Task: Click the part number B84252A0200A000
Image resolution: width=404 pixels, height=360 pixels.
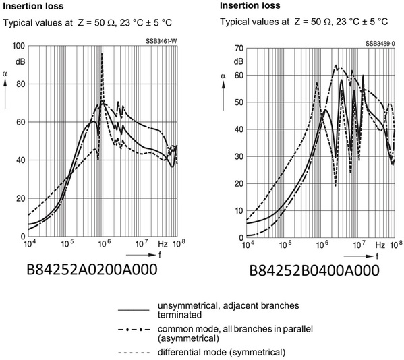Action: pyautogui.click(x=92, y=270)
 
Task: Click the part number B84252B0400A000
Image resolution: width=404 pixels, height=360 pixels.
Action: pyautogui.click(x=314, y=270)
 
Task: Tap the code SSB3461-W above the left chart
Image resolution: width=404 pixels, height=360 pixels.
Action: pyautogui.click(x=162, y=41)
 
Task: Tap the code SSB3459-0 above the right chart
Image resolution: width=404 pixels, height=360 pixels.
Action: pyautogui.click(x=380, y=44)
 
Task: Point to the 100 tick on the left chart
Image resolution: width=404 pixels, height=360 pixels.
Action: pyautogui.click(x=19, y=46)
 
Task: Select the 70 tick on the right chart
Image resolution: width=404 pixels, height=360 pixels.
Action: pyautogui.click(x=239, y=48)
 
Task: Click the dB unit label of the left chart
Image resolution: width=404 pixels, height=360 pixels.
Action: pyautogui.click(x=20, y=62)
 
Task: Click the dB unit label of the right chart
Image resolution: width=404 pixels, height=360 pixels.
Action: pyautogui.click(x=239, y=62)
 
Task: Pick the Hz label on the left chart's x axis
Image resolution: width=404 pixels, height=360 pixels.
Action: pyautogui.click(x=163, y=244)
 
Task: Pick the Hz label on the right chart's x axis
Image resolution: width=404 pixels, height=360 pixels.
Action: pyautogui.click(x=380, y=245)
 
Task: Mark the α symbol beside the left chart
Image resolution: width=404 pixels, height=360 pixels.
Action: pyautogui.click(x=5, y=74)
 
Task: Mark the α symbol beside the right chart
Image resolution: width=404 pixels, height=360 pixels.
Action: pyautogui.click(x=223, y=76)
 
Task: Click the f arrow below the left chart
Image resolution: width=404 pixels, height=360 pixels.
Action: pyautogui.click(x=141, y=256)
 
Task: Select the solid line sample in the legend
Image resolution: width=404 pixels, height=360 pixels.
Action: pyautogui.click(x=134, y=310)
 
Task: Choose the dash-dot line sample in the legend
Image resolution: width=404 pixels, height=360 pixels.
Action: pyautogui.click(x=134, y=330)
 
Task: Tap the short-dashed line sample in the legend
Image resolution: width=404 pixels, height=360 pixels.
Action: pyautogui.click(x=134, y=353)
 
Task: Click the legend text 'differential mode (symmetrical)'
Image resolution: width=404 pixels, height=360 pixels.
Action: pyautogui.click(x=222, y=352)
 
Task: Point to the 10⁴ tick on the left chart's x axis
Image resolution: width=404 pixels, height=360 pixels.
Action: pyautogui.click(x=29, y=243)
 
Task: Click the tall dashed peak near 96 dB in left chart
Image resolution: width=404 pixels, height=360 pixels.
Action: pyautogui.click(x=102, y=53)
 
